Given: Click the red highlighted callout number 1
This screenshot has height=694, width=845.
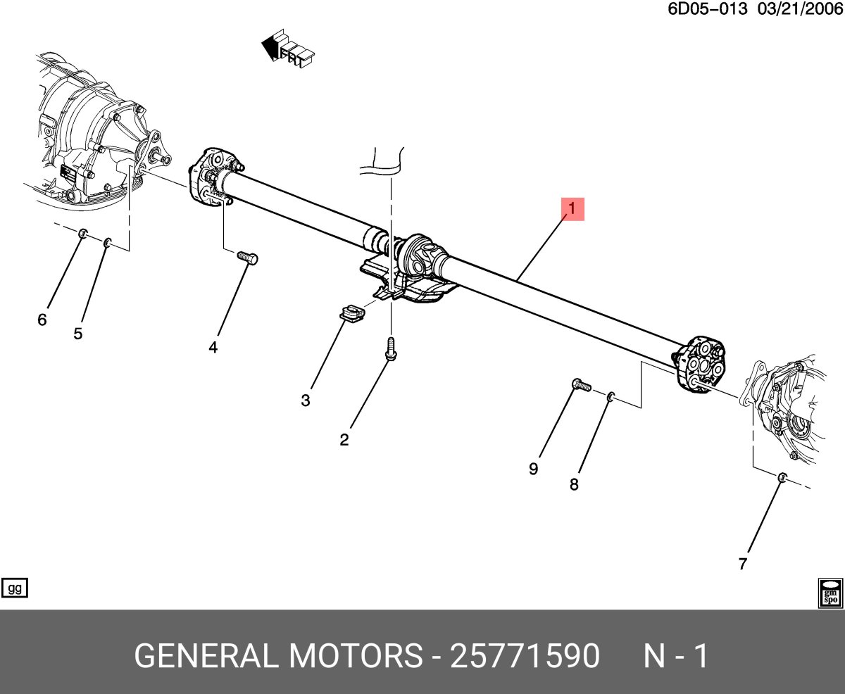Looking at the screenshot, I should [572, 209].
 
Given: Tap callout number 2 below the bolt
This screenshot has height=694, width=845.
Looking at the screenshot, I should [344, 441].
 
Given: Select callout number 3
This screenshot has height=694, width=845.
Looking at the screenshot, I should [305, 400].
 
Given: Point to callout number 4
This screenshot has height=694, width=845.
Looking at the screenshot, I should [213, 347].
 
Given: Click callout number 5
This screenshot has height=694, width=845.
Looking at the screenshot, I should [77, 334].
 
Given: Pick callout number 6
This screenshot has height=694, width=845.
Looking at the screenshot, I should [42, 320].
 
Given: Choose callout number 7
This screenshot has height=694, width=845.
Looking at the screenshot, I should [742, 563].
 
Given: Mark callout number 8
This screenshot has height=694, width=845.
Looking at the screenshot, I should [574, 484].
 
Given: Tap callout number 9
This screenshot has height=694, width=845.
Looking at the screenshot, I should [534, 469].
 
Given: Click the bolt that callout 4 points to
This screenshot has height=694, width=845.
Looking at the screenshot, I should [248, 258].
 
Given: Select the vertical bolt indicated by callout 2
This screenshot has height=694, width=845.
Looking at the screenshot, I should [389, 349].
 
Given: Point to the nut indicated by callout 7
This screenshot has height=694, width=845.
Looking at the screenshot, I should [782, 478].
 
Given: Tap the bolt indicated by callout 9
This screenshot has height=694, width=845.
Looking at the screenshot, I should [580, 384].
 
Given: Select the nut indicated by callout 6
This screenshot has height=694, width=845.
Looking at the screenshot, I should [82, 234].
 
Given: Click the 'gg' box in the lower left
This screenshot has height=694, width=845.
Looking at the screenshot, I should [15, 588].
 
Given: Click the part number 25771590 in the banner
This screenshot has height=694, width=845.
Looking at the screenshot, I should [525, 656].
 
